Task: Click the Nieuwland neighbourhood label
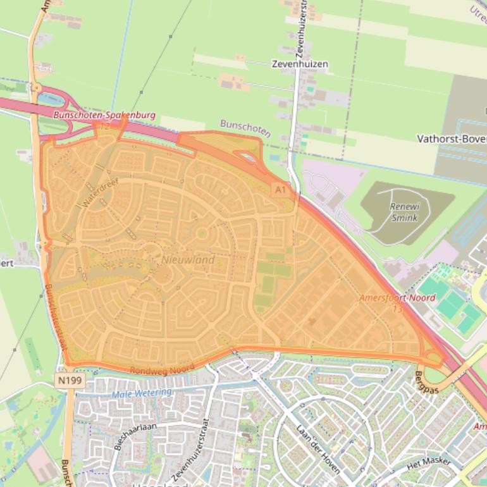188,260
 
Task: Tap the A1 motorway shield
280,188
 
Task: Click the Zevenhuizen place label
300,64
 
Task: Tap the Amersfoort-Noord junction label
397,297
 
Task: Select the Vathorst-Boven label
452,139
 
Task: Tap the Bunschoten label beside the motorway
245,128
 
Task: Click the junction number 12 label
104,126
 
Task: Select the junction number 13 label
397,309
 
